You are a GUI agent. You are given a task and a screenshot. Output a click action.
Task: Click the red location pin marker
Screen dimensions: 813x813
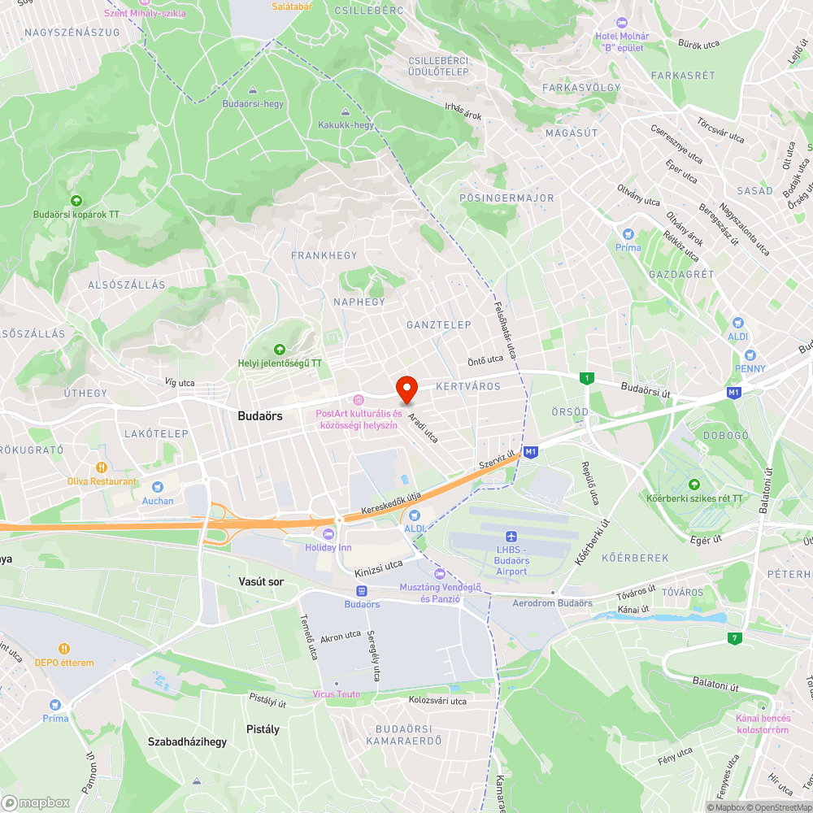click(406, 389)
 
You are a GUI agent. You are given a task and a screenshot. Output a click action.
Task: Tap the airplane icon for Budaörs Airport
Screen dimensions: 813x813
click(511, 537)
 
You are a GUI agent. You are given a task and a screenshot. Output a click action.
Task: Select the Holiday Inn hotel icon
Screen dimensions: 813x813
click(328, 533)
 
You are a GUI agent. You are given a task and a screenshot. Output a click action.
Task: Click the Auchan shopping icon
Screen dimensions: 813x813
click(158, 487)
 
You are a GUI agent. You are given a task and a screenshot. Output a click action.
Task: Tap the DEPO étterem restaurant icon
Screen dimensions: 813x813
click(63, 649)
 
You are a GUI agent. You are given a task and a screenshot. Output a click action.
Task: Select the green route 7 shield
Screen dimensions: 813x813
click(735, 637)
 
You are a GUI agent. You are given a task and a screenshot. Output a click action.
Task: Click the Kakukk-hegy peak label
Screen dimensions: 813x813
click(346, 125)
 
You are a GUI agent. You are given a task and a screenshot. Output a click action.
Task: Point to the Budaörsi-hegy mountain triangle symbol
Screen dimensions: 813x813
click(252, 90)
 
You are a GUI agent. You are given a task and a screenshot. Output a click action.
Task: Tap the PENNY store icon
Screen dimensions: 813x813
click(750, 355)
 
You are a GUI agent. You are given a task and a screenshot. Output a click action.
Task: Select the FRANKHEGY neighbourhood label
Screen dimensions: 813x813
click(324, 255)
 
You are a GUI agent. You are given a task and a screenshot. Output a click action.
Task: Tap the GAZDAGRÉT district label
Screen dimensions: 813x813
click(680, 275)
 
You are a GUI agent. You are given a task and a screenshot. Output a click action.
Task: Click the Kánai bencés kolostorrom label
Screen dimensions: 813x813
click(762, 724)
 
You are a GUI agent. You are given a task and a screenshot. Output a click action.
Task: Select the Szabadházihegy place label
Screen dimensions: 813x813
click(187, 741)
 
